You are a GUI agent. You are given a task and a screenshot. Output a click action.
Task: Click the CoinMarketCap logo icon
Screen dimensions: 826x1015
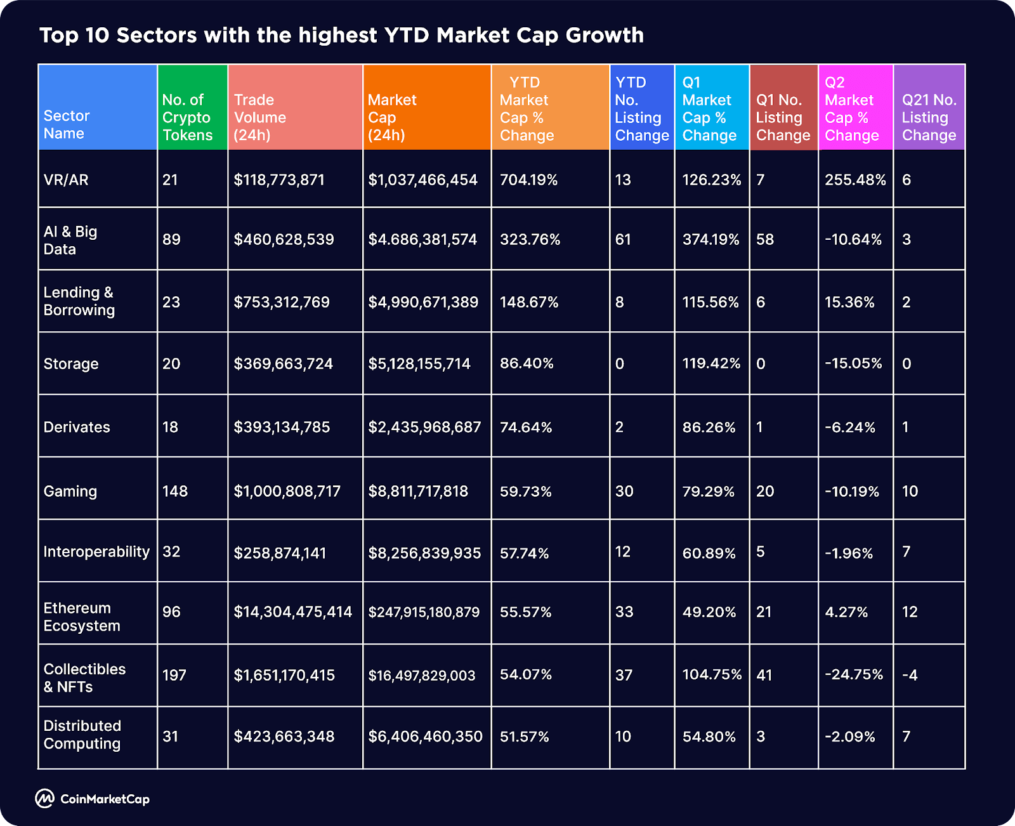click(44, 799)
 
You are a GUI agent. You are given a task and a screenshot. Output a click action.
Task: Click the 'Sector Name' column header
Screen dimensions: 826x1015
click(67, 124)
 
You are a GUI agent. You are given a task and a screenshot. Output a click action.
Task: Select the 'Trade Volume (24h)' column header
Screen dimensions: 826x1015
click(260, 117)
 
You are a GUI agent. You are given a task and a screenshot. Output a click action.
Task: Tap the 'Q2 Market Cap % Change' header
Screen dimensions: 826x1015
click(851, 109)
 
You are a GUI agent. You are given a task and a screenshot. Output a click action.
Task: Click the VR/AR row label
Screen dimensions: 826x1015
click(66, 180)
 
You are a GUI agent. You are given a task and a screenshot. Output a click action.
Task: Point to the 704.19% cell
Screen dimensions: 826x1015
click(528, 180)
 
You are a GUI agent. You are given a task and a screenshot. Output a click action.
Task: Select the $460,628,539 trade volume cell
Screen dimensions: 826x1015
click(284, 239)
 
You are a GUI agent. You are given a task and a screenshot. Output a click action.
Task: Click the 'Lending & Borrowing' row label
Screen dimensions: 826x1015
click(79, 301)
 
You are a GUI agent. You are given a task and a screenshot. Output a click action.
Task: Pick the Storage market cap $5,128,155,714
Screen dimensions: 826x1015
click(419, 364)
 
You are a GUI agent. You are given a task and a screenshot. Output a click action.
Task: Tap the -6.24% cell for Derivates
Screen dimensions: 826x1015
click(849, 427)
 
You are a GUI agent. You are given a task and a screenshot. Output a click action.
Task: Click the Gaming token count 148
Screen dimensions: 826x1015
click(175, 491)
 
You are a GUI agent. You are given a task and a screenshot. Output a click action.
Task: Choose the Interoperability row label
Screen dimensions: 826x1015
click(96, 551)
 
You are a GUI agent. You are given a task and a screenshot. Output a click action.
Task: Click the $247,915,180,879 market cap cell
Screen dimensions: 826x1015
click(424, 612)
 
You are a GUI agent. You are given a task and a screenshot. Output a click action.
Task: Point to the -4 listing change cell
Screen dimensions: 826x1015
click(910, 675)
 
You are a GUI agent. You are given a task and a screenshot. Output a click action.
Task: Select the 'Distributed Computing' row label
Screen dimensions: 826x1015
click(82, 735)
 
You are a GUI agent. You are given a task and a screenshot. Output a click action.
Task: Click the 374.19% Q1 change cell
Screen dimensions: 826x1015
click(710, 239)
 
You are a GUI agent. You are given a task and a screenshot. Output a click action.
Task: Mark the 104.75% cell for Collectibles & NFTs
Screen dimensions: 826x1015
click(712, 674)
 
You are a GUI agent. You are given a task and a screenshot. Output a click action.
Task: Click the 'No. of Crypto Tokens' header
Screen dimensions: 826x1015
click(187, 117)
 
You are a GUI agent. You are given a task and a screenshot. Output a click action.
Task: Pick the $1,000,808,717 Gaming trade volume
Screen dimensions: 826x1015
click(287, 491)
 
